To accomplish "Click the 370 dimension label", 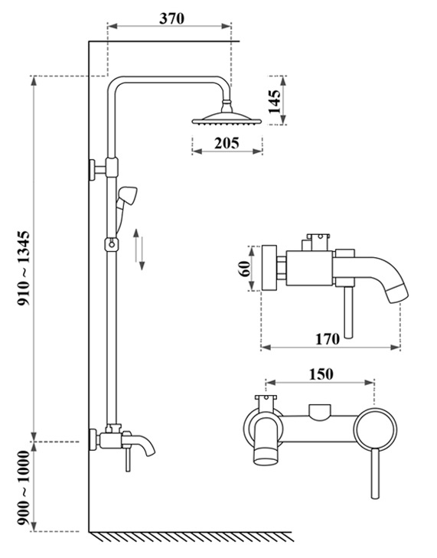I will (171, 19).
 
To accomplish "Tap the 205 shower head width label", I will (227, 142).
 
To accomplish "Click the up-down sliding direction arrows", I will (139, 248).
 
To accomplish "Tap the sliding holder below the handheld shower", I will (112, 244).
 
